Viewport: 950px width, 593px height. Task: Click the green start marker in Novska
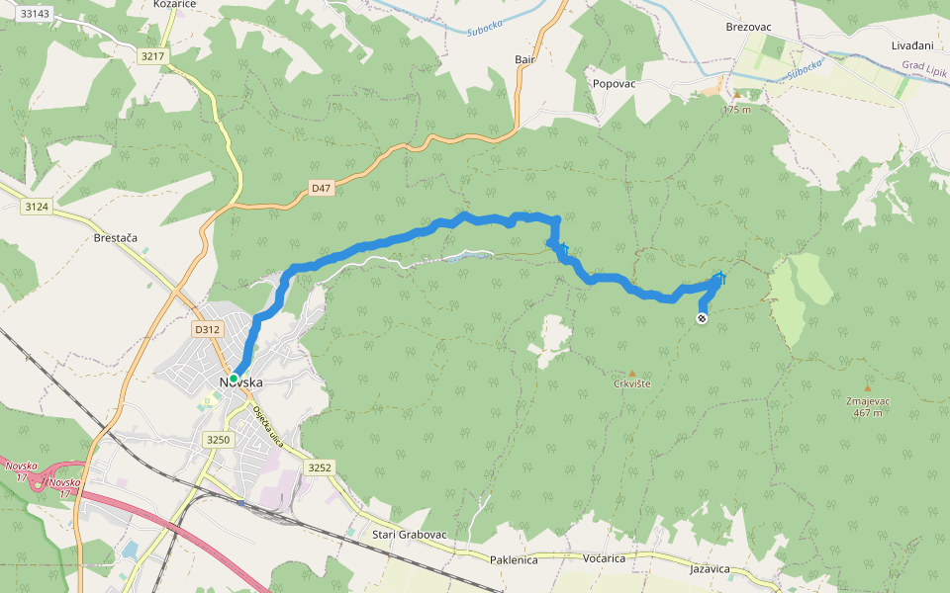point(234,378)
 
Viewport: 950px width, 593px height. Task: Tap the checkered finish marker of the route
point(702,317)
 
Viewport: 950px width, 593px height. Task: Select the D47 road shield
point(321,187)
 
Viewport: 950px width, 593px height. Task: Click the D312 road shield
point(206,330)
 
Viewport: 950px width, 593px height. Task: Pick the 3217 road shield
point(152,56)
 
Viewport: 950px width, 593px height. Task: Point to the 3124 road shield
point(37,206)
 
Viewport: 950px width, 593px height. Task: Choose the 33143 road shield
point(34,14)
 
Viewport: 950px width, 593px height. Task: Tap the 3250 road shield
point(218,439)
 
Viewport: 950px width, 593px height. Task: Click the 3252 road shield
point(319,466)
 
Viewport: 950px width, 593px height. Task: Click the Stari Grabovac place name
point(410,535)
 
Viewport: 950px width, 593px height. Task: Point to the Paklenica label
point(514,559)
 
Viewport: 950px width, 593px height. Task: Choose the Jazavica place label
point(710,569)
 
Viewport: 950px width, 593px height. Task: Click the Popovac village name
point(614,84)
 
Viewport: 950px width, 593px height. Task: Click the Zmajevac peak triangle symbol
point(868,387)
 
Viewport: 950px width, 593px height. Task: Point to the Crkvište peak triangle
point(632,374)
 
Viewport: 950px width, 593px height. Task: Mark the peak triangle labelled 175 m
point(736,95)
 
